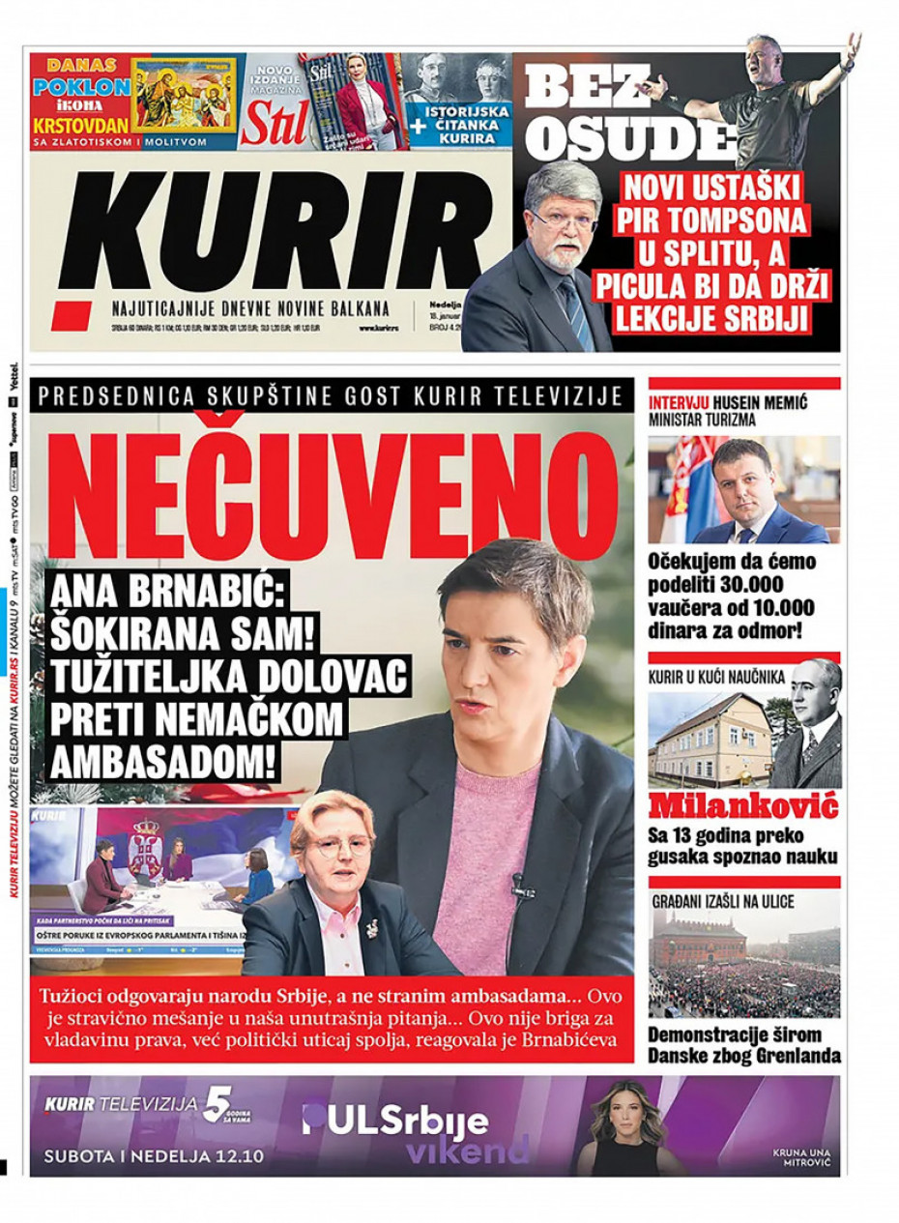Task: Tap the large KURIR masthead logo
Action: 271,232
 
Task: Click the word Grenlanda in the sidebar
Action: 792,1057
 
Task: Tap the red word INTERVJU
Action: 680,401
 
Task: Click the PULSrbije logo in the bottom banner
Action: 396,1121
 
